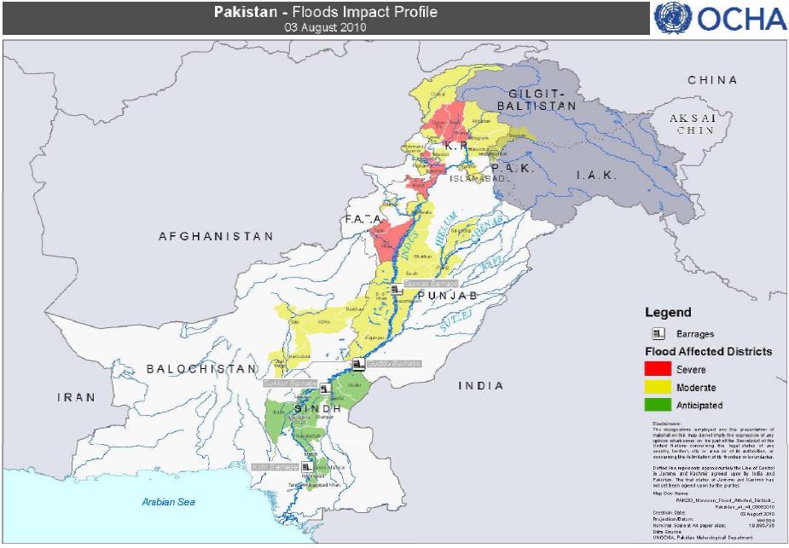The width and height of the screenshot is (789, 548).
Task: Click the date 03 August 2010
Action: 325,26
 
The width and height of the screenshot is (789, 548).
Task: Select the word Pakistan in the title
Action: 243,12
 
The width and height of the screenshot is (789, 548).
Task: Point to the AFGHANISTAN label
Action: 216,236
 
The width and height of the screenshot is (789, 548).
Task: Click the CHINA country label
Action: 714,80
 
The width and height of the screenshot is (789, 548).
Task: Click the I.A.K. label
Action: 591,175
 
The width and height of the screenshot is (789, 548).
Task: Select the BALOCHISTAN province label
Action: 201,369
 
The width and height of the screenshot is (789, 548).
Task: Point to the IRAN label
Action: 76,397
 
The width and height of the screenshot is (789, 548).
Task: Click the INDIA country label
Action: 482,385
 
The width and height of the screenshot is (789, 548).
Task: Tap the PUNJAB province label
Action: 443,295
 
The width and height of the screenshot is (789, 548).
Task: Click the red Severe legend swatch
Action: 657,370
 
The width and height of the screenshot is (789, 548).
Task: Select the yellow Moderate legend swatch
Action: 657,388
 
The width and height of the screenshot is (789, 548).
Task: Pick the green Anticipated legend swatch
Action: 657,405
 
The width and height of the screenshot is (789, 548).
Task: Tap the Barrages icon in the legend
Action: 658,333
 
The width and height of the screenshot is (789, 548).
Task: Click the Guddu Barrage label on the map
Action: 394,364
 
